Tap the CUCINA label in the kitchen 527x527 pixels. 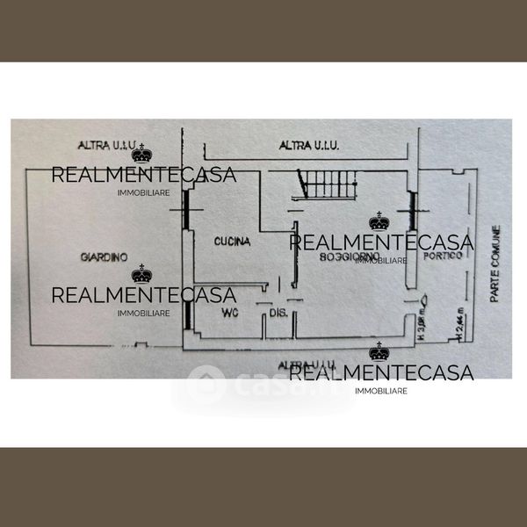(233, 241)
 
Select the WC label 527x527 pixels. (229, 312)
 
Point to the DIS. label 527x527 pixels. (278, 313)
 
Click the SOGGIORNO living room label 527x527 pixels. (350, 256)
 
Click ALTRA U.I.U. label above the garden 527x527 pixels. (102, 145)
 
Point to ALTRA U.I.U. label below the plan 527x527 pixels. (307, 364)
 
